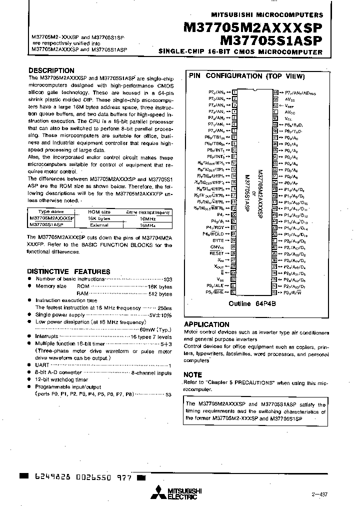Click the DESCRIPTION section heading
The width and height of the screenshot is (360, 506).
[51, 70]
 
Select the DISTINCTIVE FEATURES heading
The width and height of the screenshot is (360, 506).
[68, 271]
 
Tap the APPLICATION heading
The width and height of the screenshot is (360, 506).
[206, 324]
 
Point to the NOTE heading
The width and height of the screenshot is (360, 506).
[193, 374]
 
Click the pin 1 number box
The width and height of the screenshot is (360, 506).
[234, 92]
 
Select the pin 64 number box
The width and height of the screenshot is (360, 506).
[275, 92]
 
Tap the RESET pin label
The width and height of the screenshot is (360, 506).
[216, 253]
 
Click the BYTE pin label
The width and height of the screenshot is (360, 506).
[218, 240]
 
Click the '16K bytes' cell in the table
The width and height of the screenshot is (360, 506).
[98, 218]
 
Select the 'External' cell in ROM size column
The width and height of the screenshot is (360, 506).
[98, 225]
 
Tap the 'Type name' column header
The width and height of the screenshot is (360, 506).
[51, 212]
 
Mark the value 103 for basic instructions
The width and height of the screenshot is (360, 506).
[167, 279]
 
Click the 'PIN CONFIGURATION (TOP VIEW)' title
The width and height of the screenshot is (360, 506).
[246, 76]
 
